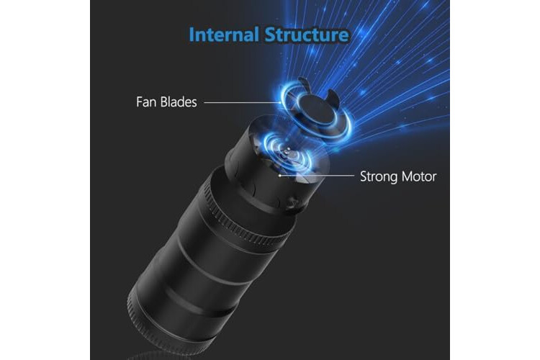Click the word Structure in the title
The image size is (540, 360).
click(307, 35)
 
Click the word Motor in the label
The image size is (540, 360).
click(419, 176)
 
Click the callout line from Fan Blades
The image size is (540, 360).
click(242, 102)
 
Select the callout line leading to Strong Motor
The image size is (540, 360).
click(317, 176)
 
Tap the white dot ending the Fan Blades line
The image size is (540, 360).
click(280, 102)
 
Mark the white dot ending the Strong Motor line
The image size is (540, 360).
click(280, 176)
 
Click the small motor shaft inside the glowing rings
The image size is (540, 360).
click(287, 151)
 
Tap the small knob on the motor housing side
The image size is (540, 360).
click(293, 203)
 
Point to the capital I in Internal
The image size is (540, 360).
click(192, 35)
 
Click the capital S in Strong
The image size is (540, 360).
click(364, 176)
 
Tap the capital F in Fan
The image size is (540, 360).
click(140, 102)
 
